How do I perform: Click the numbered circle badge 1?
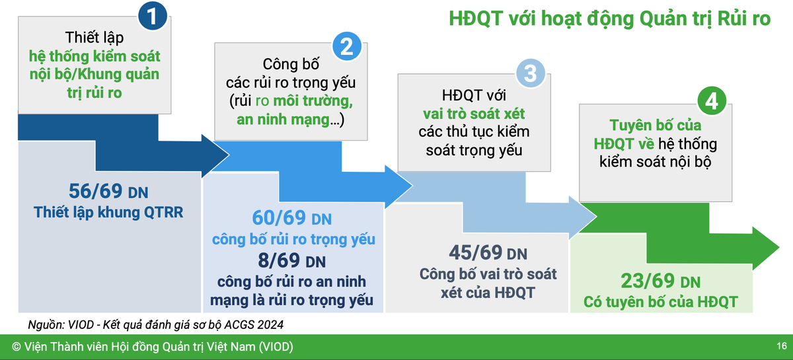[x=153, y=18]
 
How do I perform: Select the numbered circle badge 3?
[x=530, y=74]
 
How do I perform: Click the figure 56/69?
[x=96, y=192]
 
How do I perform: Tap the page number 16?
[x=781, y=347]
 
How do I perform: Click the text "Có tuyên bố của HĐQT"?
[x=661, y=303]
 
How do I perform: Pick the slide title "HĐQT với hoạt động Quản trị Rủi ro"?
[x=609, y=18]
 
